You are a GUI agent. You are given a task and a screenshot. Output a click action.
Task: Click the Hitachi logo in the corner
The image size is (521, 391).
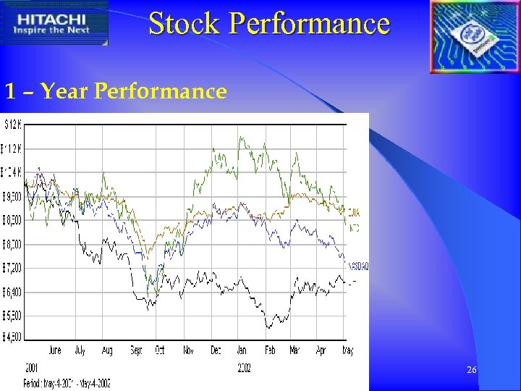pos(54,23)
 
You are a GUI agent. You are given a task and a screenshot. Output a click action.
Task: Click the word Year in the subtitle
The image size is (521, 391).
pos(64,91)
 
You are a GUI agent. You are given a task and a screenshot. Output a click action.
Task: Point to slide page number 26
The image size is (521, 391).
pos(471,370)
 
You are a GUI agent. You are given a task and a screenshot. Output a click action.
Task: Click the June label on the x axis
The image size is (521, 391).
pos(54,350)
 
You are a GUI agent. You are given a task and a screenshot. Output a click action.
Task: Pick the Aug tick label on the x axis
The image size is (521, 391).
pos(107,350)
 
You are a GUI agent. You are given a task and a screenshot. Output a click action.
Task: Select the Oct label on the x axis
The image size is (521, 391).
pos(160,350)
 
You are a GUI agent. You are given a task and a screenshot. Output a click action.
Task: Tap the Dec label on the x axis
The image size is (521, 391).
pos(216,350)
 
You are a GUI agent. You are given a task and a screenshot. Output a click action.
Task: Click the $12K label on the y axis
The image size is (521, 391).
pos(12,125)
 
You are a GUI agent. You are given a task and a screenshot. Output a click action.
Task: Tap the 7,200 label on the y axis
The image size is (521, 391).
pos(12,268)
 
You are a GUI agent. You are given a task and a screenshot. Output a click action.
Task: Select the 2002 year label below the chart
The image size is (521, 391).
pos(244,369)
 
